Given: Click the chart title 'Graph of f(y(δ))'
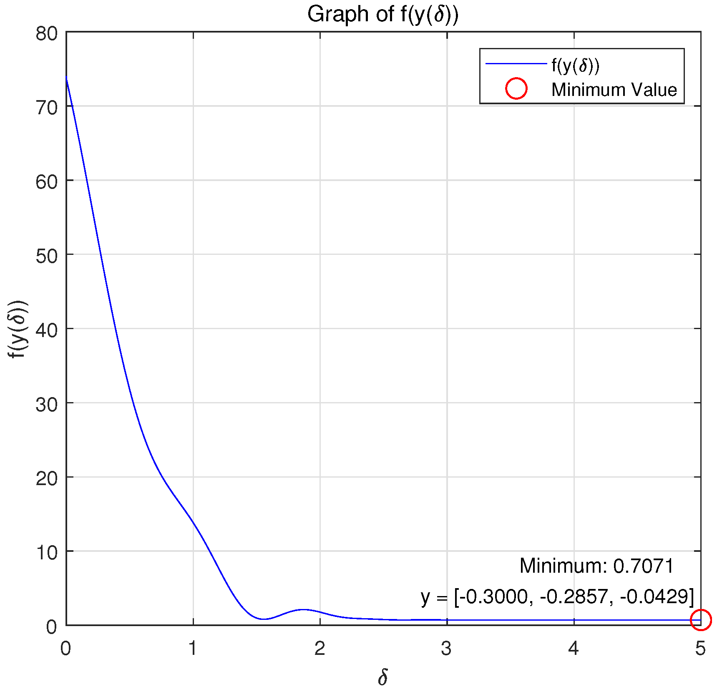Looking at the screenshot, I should [x=382, y=15].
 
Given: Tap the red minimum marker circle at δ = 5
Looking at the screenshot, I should [x=700, y=620].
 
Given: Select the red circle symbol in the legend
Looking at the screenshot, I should [x=516, y=88].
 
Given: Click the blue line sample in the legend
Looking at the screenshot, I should [x=516, y=64].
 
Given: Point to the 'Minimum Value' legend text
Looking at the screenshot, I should [x=614, y=90].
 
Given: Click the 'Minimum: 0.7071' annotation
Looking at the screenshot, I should [x=596, y=566].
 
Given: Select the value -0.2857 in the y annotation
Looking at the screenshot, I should [x=574, y=596].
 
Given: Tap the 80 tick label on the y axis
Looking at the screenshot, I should [x=46, y=33].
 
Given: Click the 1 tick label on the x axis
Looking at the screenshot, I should [x=193, y=649].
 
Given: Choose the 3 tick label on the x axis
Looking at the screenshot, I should [x=447, y=649].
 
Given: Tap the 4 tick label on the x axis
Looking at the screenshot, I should [x=574, y=649].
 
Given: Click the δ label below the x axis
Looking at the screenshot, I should [x=382, y=677].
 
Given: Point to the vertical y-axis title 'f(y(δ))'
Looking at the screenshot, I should [x=18, y=329].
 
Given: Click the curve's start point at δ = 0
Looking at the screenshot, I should [x=67, y=78].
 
